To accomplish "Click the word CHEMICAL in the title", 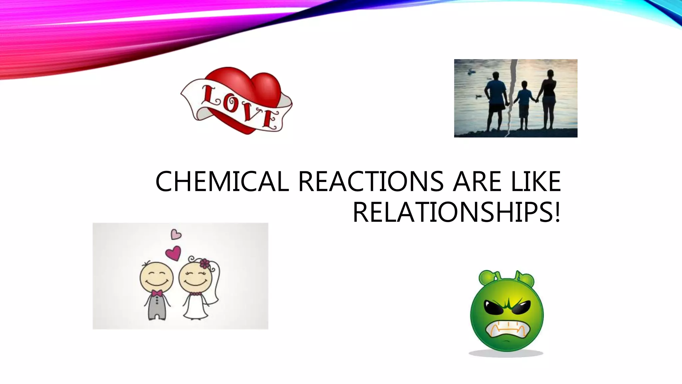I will coord(222,182).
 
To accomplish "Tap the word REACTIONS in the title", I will coord(370,182).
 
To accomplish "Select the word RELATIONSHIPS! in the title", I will coord(457,212).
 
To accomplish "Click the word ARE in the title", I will coord(477,182).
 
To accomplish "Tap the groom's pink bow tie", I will coord(157,293).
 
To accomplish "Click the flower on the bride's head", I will coord(204,264).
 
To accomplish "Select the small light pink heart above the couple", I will coord(175,234).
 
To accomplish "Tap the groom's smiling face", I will coord(157,278).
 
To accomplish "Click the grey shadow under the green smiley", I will coord(506,353).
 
